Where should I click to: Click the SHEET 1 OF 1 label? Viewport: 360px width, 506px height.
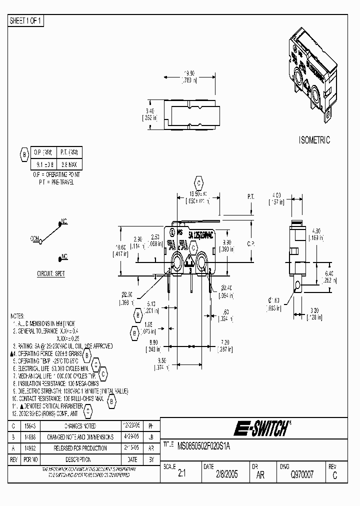coord(26,20)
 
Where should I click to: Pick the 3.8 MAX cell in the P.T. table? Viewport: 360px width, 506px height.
coord(69,163)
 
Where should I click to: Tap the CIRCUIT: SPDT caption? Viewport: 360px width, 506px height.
coord(51,274)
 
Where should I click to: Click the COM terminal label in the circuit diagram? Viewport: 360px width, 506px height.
coord(35,239)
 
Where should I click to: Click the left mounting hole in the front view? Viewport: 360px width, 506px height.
coord(177,261)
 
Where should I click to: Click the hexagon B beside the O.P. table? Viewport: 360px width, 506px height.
coord(23,155)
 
